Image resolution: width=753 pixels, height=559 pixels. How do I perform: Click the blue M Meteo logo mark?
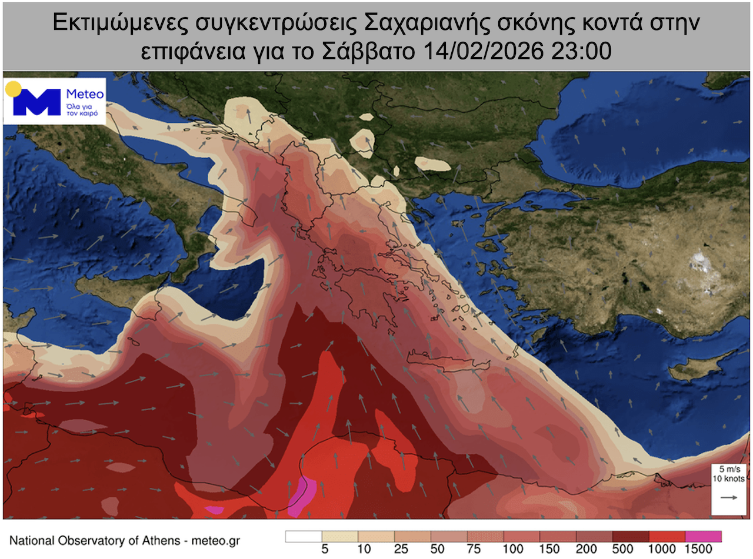(36, 102)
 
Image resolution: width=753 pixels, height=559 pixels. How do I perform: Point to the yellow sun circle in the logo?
(14, 90)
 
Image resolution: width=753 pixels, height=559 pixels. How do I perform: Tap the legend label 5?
(323, 550)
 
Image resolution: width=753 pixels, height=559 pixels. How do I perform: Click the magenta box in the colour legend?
(703, 536)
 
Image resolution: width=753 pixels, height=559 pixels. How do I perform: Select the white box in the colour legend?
(304, 536)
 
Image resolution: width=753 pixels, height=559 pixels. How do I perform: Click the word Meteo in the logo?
(85, 94)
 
